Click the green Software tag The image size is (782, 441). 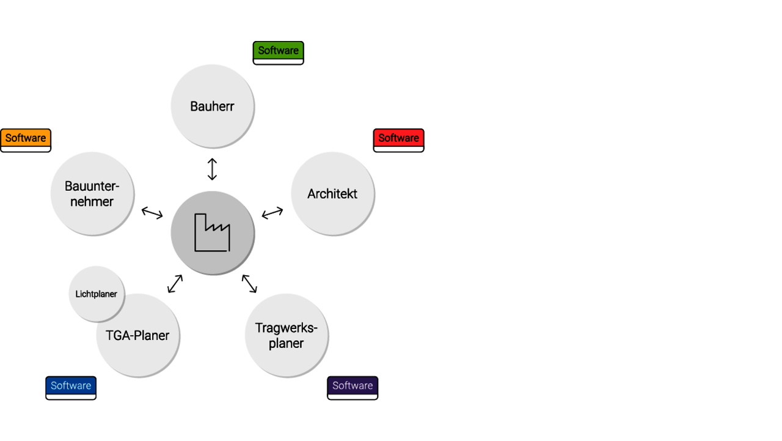(x=278, y=51)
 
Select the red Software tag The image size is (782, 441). (x=398, y=139)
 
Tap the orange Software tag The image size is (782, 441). (x=26, y=139)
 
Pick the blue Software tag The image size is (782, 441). (x=71, y=387)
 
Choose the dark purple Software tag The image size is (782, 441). (x=353, y=387)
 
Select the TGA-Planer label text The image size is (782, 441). (x=137, y=336)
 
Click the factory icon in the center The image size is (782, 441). (x=212, y=232)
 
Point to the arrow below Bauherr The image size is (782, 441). (x=212, y=169)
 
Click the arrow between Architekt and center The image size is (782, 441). (x=272, y=213)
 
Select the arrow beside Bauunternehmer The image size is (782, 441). (x=152, y=213)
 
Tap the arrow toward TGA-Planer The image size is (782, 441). (x=175, y=284)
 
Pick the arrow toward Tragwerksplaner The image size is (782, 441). (x=249, y=284)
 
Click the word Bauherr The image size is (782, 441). (x=212, y=106)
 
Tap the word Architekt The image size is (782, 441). (x=332, y=194)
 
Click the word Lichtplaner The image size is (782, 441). (x=97, y=294)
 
